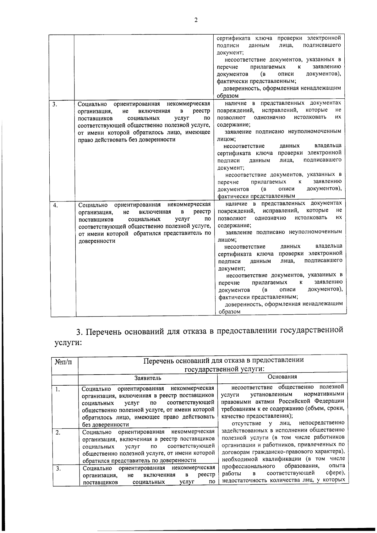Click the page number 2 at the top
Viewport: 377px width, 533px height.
(196, 20)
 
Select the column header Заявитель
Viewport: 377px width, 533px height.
(148, 378)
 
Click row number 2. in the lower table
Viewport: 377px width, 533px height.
(58, 433)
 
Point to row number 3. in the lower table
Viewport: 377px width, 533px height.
(58, 469)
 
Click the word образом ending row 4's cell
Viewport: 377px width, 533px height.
(229, 312)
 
